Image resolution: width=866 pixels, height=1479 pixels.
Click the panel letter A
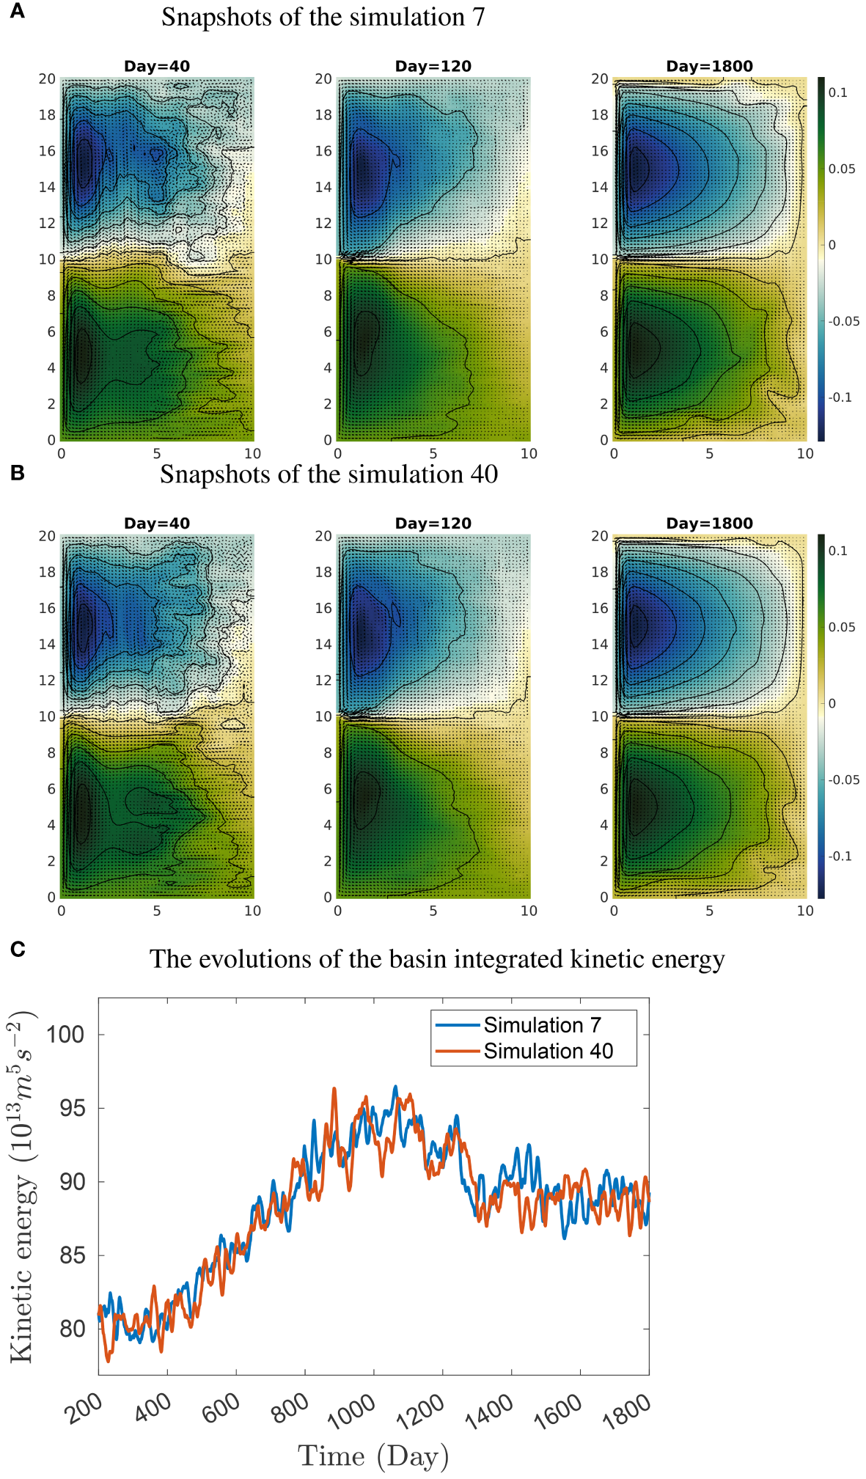(16, 12)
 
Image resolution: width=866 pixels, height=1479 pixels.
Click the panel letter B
(17, 473)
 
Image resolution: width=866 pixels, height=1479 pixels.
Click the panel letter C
(18, 950)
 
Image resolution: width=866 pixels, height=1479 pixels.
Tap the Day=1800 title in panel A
(709, 66)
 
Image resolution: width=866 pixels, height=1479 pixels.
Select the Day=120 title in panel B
(433, 524)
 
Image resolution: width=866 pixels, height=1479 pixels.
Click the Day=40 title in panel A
(156, 66)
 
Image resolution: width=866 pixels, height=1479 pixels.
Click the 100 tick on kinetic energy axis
(65, 1035)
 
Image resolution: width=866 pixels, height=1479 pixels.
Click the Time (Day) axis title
(373, 1456)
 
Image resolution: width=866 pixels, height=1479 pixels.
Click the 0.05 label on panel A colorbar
(841, 169)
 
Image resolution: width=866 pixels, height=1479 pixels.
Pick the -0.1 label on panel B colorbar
(840, 856)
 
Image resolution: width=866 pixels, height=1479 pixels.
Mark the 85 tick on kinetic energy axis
(73, 1255)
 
